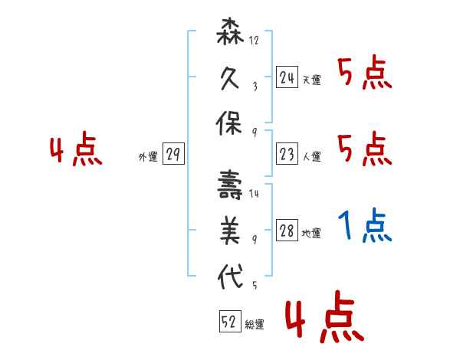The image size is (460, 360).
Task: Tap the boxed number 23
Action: tap(287, 154)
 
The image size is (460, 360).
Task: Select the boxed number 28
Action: tap(287, 231)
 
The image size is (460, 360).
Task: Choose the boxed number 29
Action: tap(173, 155)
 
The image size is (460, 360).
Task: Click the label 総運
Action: tap(254, 325)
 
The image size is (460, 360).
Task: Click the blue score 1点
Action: tap(365, 226)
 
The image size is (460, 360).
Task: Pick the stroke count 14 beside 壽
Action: tap(255, 195)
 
